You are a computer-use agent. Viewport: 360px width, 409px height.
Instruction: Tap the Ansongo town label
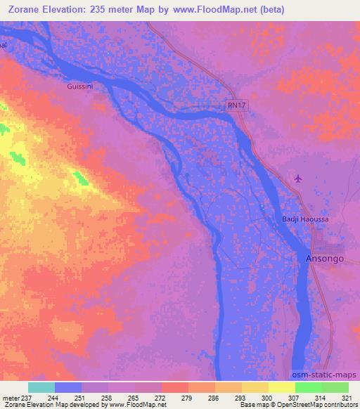point(324,259)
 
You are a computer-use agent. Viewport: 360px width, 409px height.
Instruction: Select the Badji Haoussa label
point(305,220)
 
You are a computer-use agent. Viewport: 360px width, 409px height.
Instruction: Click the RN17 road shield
point(236,105)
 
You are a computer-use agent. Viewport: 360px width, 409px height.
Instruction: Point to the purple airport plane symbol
point(299,178)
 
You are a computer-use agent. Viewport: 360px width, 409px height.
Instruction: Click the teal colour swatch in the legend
point(41,387)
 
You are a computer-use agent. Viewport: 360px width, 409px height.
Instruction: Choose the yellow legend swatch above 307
point(281,387)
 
